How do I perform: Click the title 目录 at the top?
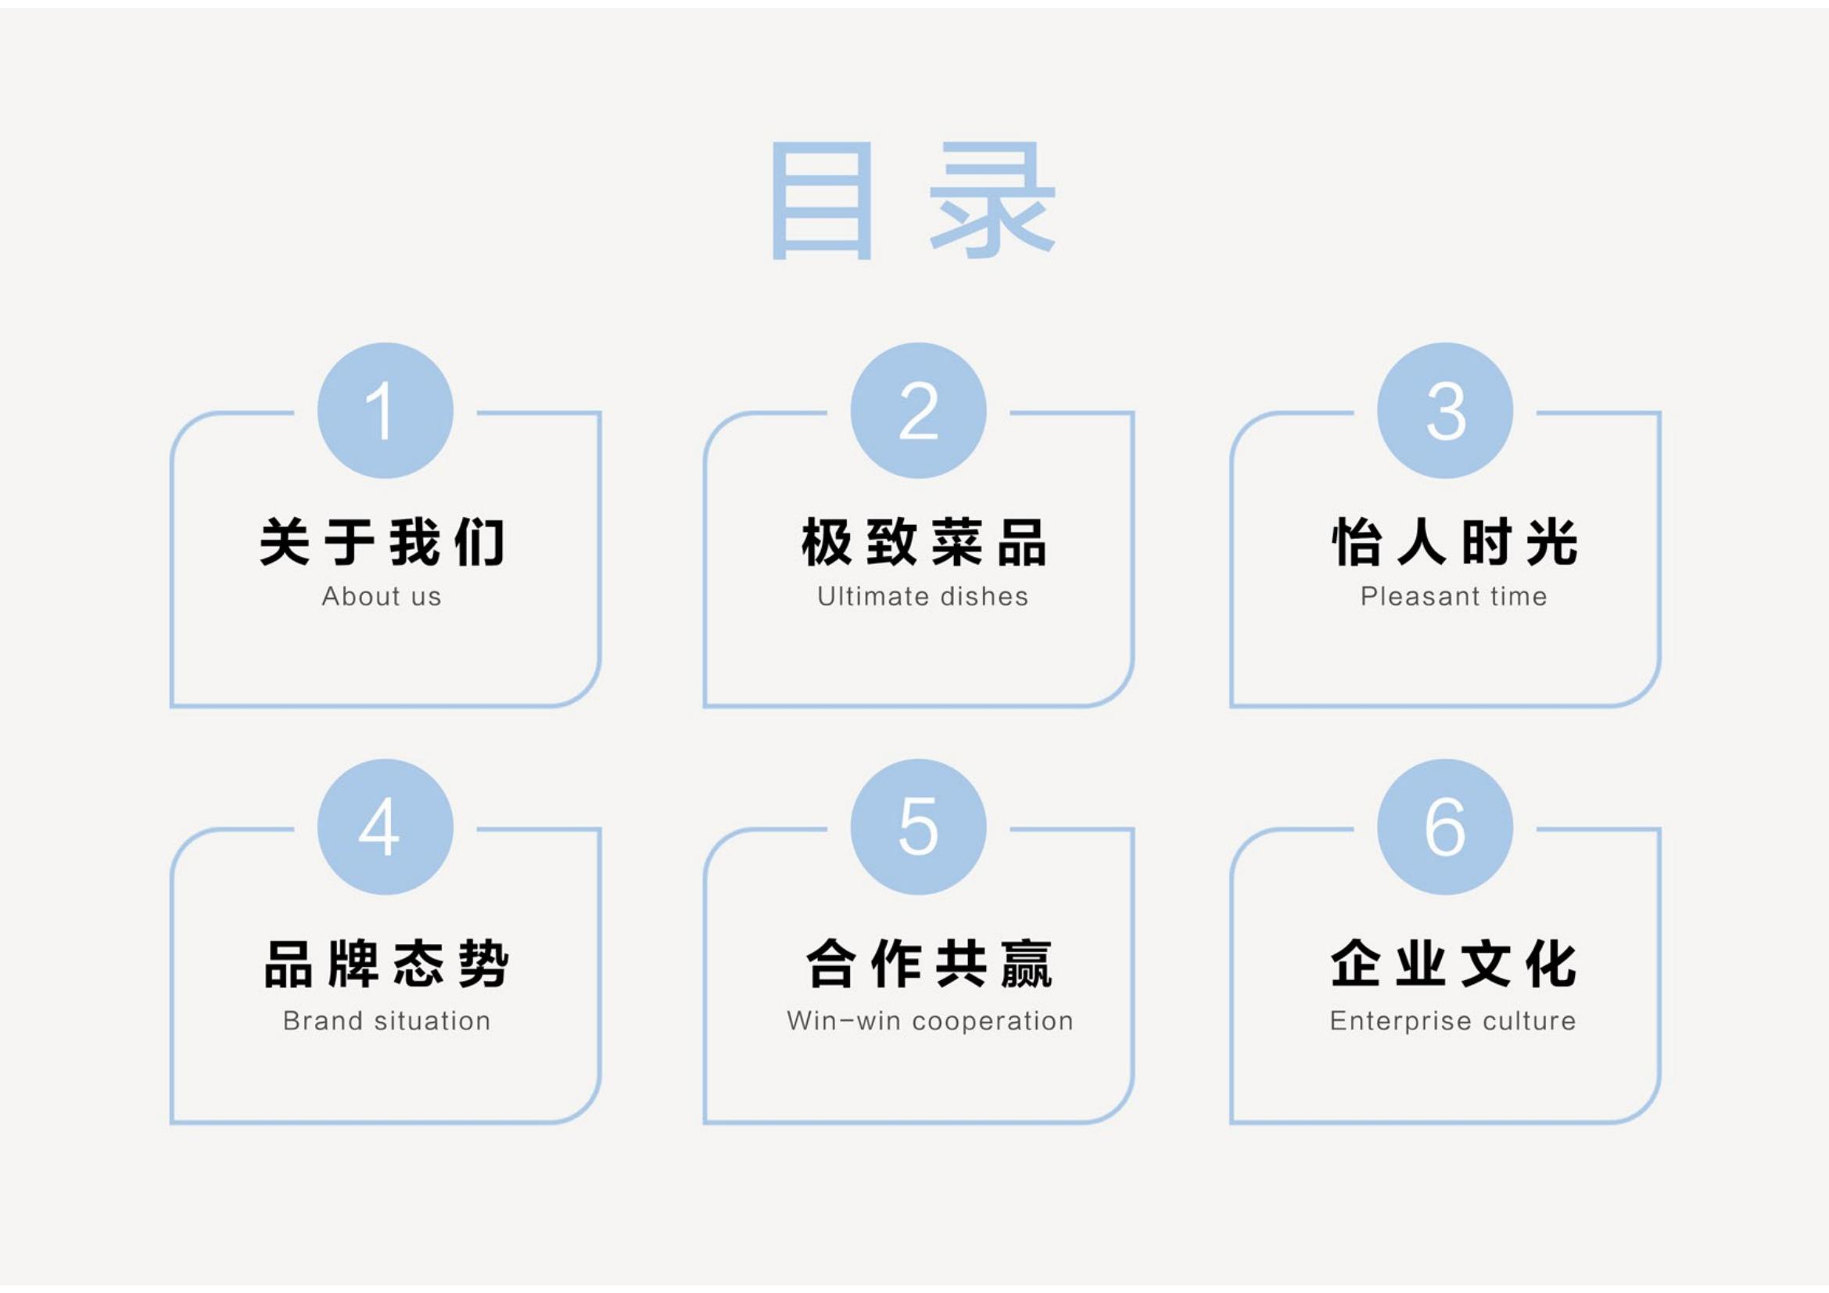pos(913,201)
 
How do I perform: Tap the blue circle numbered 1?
pos(386,411)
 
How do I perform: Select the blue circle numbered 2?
pos(919,411)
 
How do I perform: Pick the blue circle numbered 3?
pos(1445,411)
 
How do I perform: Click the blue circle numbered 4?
pos(386,827)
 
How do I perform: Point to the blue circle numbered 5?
pos(919,827)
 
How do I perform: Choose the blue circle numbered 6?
pos(1445,827)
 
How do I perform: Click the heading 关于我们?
pos(382,542)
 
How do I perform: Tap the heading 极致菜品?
pos(923,542)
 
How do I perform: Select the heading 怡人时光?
pos(1454,542)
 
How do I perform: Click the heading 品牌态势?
pos(386,964)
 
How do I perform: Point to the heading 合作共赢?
pos(929,964)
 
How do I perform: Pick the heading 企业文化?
pos(1454,964)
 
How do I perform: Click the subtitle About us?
pos(382,597)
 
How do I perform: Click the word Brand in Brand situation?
pos(323,1022)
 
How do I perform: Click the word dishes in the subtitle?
pos(984,597)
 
